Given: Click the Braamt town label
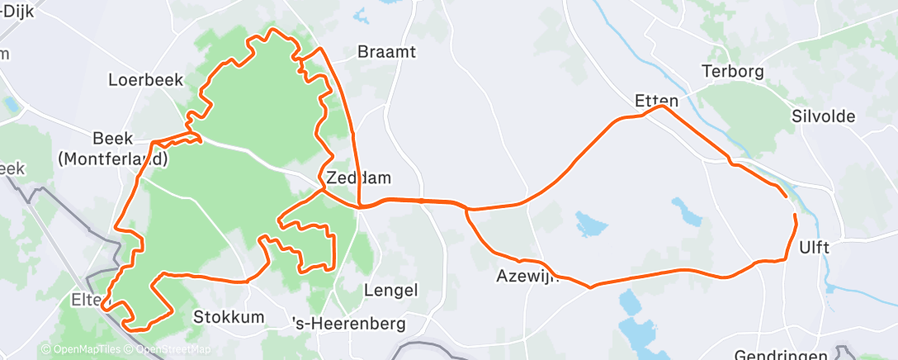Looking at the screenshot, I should click(x=386, y=52).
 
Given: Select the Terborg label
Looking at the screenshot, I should click(x=733, y=71).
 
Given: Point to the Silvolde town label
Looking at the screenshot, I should click(x=822, y=116).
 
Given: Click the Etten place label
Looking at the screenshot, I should click(x=656, y=101).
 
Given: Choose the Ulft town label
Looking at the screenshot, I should click(x=814, y=247).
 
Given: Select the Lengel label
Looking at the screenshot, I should click(x=391, y=290).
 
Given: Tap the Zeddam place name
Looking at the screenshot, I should click(x=358, y=178).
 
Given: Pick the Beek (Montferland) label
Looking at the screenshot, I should click(x=113, y=148).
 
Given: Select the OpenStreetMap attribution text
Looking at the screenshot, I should click(x=169, y=349).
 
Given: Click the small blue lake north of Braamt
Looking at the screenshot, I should click(x=361, y=14).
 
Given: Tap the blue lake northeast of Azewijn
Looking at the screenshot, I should click(x=591, y=222).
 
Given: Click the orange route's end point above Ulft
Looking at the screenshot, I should click(x=795, y=216).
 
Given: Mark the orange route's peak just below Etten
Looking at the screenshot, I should click(x=661, y=107).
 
